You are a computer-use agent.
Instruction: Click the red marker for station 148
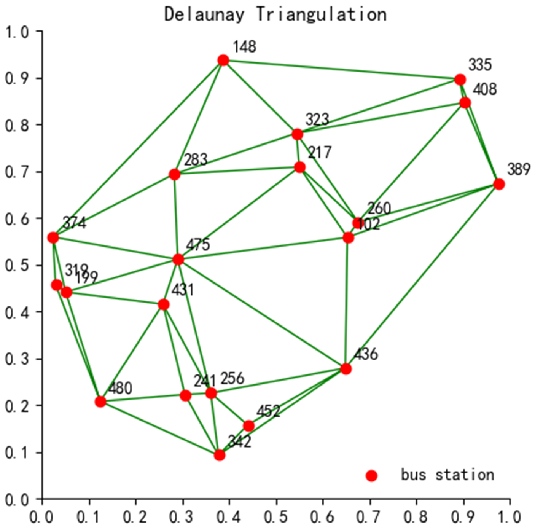(223, 60)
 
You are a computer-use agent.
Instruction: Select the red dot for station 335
(460, 80)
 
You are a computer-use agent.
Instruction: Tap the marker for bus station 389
(499, 184)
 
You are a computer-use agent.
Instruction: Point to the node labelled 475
(178, 260)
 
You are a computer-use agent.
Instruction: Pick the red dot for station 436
(346, 369)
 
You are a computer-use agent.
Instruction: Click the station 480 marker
(100, 402)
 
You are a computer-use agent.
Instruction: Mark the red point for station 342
(219, 455)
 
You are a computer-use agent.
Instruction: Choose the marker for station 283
(174, 174)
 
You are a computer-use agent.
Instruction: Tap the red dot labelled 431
(164, 304)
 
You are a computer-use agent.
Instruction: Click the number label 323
(317, 120)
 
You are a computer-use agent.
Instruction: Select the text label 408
(484, 89)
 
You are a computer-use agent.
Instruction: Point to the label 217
(320, 152)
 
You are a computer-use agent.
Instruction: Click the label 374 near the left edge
(74, 223)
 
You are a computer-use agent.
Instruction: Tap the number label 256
(232, 378)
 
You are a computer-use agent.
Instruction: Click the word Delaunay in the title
(204, 14)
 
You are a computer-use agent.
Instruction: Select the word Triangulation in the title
(321, 14)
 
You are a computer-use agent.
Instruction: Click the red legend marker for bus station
(371, 475)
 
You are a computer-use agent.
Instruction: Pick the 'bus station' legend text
(447, 475)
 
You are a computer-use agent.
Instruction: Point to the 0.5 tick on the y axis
(17, 265)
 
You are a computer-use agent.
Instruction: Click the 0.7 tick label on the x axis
(369, 517)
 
